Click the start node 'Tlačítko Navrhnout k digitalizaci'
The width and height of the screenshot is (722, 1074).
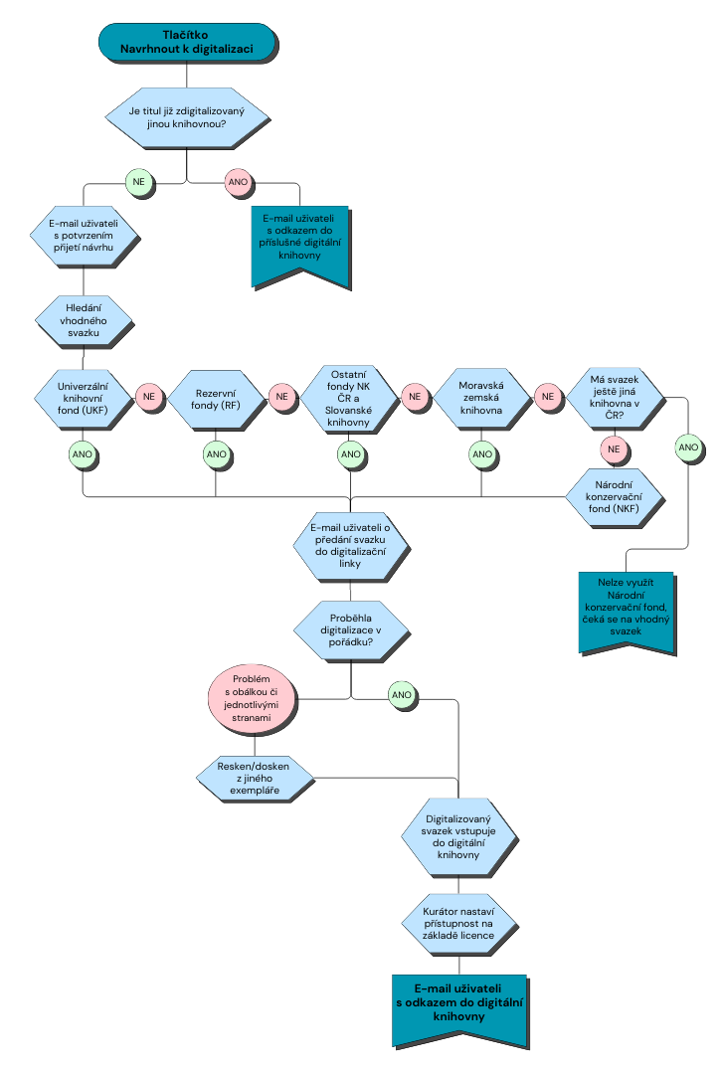coord(186,42)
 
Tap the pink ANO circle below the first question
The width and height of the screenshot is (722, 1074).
coord(239,182)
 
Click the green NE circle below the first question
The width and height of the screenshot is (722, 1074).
coord(138,182)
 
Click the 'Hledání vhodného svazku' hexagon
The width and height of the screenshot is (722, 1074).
coord(84,319)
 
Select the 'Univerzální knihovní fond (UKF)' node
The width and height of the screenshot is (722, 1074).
coord(84,397)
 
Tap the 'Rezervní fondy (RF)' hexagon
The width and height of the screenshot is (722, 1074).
coord(216,398)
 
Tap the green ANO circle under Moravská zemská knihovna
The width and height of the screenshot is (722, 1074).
coord(481,454)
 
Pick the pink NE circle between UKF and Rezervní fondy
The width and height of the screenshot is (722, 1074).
coord(149,397)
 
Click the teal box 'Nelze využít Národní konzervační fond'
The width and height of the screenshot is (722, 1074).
coord(627,609)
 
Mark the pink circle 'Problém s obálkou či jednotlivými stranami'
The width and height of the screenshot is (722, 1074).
coord(254,696)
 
